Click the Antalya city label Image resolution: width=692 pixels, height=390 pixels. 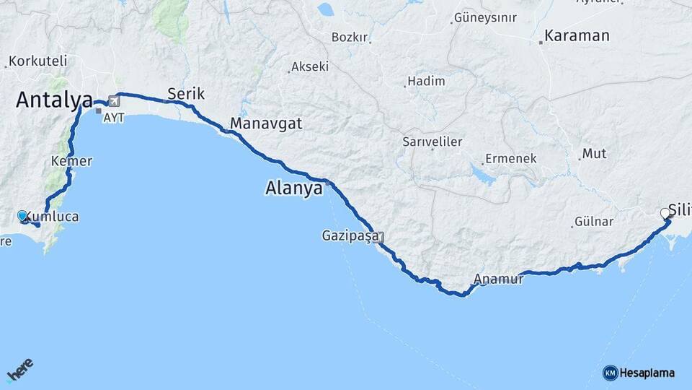point(55,100)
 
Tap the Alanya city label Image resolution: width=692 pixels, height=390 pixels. point(293,189)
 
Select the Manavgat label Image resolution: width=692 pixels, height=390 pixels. point(266,123)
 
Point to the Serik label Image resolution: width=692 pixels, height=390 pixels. point(186,94)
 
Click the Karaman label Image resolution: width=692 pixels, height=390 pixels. point(577,35)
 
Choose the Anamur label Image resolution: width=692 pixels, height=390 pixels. point(499,279)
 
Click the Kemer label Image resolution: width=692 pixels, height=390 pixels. point(71,161)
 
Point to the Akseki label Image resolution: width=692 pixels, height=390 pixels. point(310,66)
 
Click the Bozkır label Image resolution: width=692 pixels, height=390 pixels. point(350,37)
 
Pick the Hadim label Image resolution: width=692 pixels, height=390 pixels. point(426,82)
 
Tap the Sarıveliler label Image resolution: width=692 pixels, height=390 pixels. point(432,142)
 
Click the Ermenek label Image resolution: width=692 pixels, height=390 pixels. point(511,158)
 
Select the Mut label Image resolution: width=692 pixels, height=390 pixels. point(595,153)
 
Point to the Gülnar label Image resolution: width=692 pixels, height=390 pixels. point(593,222)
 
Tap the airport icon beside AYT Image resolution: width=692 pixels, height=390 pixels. point(114,102)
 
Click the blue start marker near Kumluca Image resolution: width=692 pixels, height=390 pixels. point(22,216)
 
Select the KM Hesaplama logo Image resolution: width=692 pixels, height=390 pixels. point(639,373)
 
